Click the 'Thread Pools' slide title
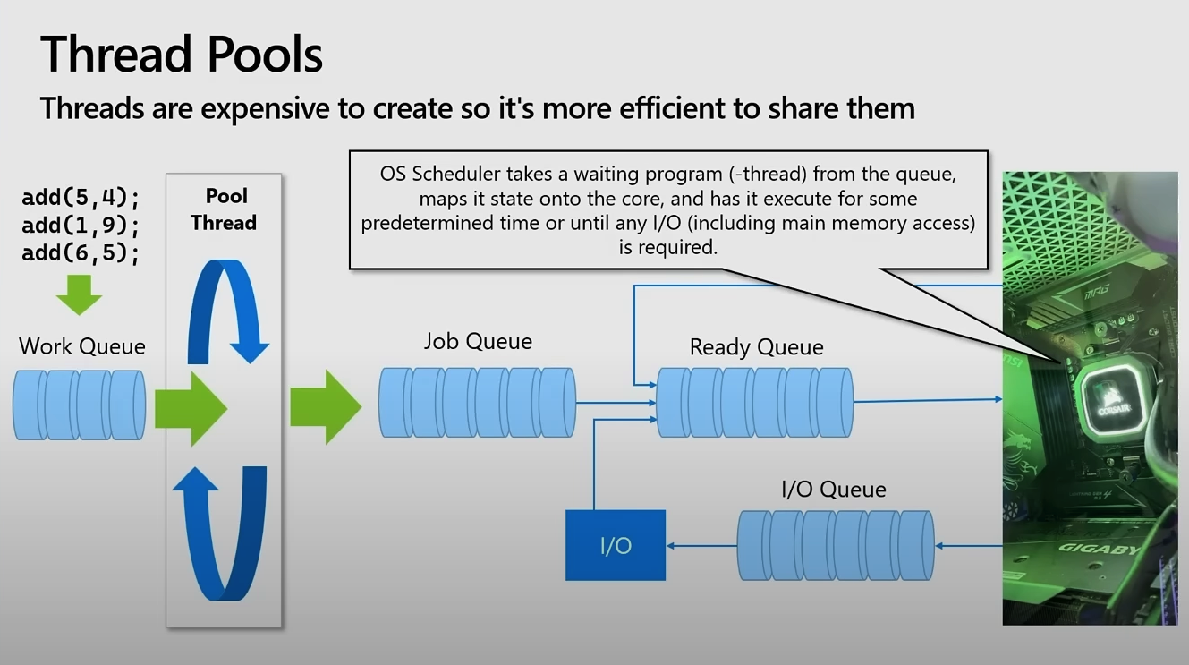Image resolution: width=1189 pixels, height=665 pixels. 182,54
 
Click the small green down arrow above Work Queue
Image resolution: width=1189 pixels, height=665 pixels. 79,294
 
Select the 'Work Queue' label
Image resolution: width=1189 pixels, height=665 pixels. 81,346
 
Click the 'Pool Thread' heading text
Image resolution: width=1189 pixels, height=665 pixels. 224,209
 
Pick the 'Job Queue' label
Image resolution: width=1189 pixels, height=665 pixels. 478,342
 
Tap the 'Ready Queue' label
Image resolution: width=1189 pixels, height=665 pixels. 756,347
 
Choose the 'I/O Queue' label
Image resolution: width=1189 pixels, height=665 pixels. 833,490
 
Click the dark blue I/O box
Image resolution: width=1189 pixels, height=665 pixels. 616,545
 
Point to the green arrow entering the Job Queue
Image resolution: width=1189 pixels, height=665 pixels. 326,407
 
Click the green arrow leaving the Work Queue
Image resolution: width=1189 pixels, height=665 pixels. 191,409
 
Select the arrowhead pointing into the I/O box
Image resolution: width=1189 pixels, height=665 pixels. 670,545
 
